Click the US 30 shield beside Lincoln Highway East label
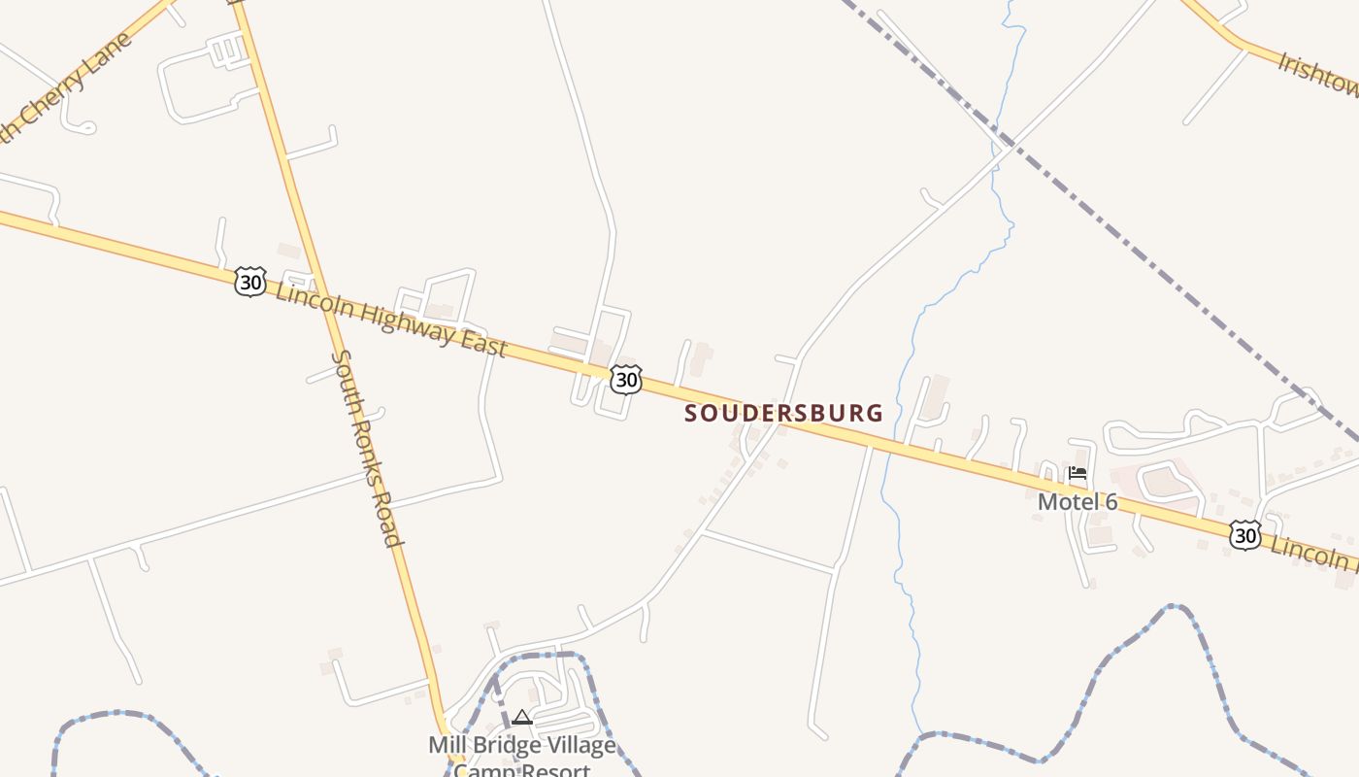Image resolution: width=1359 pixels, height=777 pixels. tap(250, 283)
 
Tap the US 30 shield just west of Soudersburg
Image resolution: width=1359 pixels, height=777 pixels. tap(626, 380)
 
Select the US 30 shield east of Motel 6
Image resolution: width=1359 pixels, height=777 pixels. tap(1245, 535)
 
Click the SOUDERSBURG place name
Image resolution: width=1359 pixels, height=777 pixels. tap(784, 413)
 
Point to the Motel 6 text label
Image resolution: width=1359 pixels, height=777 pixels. tap(1077, 502)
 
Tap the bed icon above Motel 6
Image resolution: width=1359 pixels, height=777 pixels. tap(1077, 475)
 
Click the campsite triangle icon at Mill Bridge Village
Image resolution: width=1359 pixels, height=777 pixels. tap(522, 718)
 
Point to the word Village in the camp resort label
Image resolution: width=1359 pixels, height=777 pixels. tap(582, 746)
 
